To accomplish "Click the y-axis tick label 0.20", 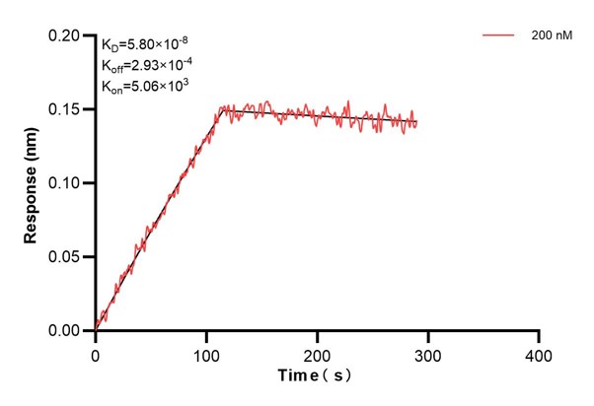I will click(69, 35).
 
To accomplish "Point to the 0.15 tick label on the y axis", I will click(69, 109).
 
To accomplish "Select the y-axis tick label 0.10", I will click(69, 183).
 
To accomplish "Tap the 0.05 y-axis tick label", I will click(69, 257).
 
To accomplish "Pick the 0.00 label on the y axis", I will click(69, 331).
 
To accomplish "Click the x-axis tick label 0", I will click(96, 353).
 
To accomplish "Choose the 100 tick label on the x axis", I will click(206, 353).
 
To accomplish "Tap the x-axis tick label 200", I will click(317, 353).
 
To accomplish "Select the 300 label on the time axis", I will click(427, 353).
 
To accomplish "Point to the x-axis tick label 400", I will click(538, 353).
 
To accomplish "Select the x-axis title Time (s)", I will click(315, 376).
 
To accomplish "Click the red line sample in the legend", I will click(499, 34).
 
